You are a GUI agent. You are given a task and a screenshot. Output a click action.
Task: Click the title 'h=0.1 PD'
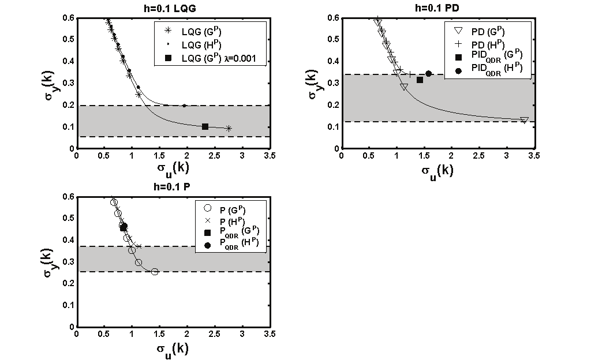click(437, 7)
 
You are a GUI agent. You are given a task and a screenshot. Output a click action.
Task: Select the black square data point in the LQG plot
click(205, 126)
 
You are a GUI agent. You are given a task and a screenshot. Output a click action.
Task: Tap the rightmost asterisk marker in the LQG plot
click(229, 128)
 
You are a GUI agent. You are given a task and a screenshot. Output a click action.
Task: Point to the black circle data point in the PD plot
click(428, 74)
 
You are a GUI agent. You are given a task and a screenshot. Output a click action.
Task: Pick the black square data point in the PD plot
click(420, 80)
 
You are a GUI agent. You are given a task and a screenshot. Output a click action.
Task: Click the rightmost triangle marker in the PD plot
click(524, 120)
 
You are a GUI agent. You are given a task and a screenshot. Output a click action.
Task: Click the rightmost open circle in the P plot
click(155, 271)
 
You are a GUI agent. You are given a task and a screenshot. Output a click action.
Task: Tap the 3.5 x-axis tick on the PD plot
click(534, 156)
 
